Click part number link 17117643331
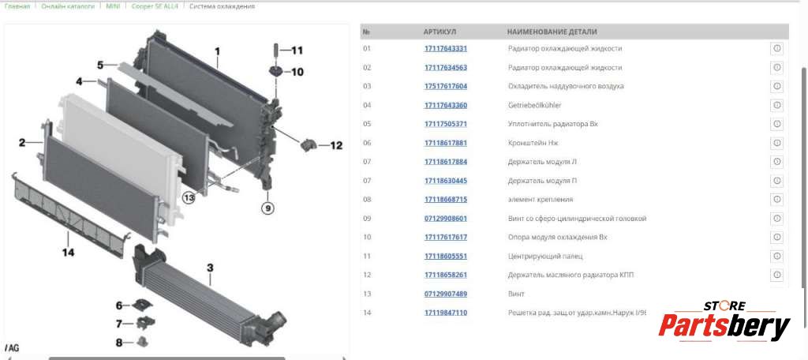coord(446,48)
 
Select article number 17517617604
coord(446,86)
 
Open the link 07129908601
coord(446,218)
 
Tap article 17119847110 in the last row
coord(446,313)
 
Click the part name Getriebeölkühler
coord(534,105)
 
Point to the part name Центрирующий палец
coord(545,257)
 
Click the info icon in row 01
coord(777,48)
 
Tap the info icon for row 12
coord(777,275)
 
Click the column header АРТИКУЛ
coord(440,32)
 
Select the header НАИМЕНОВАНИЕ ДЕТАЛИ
coord(552,32)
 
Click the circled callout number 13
coord(189,197)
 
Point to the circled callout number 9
coord(267,208)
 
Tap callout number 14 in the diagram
coord(68,252)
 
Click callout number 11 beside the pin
coord(297,51)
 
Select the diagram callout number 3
coord(210,268)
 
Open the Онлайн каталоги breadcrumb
coord(68,6)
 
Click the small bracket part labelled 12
coord(307,145)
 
